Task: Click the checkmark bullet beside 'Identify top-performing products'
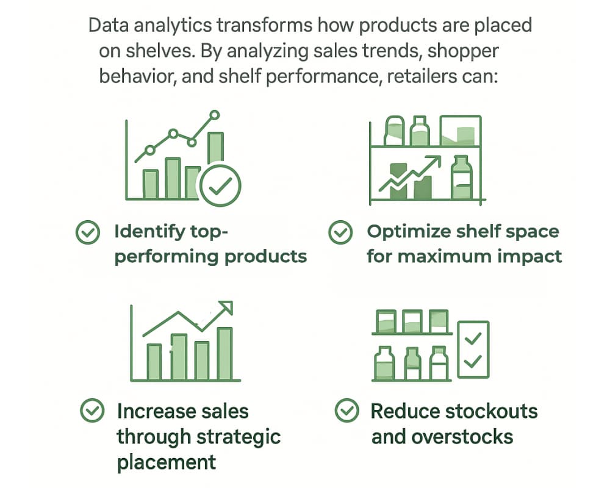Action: pos(88,232)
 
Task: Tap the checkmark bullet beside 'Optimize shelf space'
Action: pos(340,232)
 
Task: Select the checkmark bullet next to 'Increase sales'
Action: pos(92,411)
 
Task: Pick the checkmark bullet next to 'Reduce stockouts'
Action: pos(346,411)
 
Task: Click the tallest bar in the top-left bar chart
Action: pos(215,162)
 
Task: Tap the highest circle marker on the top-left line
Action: pos(214,114)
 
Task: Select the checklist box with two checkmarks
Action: pos(473,349)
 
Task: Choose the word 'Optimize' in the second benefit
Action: pos(408,232)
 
